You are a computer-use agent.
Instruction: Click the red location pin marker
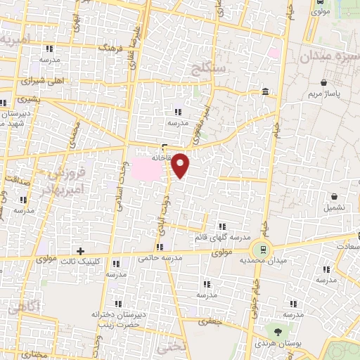[181, 166]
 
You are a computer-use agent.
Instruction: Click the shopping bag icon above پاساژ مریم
[323, 82]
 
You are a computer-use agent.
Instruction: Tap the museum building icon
[264, 92]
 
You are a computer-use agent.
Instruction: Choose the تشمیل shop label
[334, 208]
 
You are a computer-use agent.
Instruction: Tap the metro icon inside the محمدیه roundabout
[262, 248]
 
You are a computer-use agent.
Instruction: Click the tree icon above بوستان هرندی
[279, 330]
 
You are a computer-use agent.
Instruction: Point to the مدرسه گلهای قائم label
[221, 238]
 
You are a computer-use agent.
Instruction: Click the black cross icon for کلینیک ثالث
[81, 250]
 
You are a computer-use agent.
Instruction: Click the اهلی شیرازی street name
[64, 81]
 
